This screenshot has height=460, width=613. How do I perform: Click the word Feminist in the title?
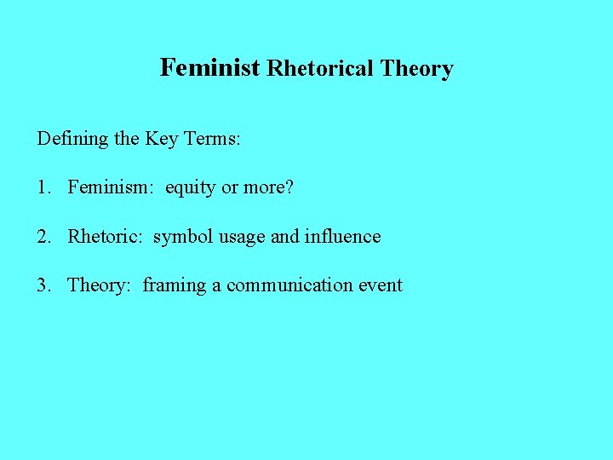pos(209,67)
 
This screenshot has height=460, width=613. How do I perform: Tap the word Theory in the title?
pos(416,68)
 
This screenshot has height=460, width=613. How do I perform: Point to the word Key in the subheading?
pos(161,138)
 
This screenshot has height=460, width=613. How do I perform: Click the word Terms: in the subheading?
pos(211,138)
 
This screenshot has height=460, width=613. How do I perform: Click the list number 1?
pos(43,187)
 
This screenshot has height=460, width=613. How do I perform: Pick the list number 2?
pos(43,236)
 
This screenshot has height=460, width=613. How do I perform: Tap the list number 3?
pos(43,285)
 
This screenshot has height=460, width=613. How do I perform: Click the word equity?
pos(191,187)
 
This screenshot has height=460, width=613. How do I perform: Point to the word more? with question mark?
pos(268,187)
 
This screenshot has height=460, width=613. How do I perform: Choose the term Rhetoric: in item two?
pos(106,236)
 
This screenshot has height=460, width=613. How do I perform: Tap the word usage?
pos(242,237)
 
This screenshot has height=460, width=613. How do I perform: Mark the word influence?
pos(342,236)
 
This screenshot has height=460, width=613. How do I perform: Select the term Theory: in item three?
pos(99,285)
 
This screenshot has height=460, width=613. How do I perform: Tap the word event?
pos(379,285)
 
